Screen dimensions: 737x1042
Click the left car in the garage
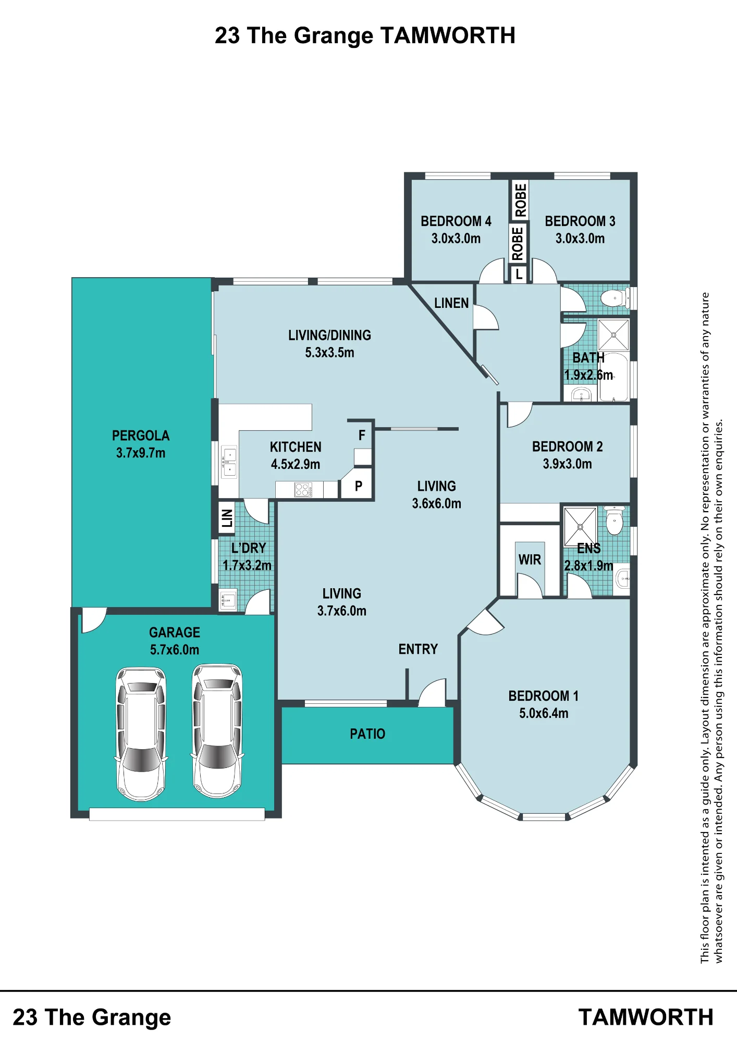pyautogui.click(x=141, y=734)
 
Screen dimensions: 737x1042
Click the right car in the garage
pyautogui.click(x=217, y=730)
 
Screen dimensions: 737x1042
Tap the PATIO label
pyautogui.click(x=367, y=734)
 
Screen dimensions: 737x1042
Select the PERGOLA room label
pyautogui.click(x=141, y=436)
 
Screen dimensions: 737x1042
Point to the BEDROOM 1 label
pyautogui.click(x=544, y=696)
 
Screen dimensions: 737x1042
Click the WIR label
pyautogui.click(x=530, y=560)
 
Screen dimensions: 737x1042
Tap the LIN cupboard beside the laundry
pyautogui.click(x=227, y=518)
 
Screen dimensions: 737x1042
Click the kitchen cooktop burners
pyautogui.click(x=303, y=489)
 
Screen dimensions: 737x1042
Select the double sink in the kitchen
pyautogui.click(x=229, y=462)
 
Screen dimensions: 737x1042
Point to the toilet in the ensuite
pyautogui.click(x=615, y=521)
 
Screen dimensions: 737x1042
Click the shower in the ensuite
pyautogui.click(x=580, y=526)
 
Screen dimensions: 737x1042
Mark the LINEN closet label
pyautogui.click(x=451, y=303)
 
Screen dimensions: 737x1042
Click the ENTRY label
pyautogui.click(x=418, y=649)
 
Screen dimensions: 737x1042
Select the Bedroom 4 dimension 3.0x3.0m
pyautogui.click(x=456, y=239)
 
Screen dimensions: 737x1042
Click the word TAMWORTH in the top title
pyautogui.click(x=448, y=36)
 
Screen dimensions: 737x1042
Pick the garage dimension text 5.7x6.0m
pyautogui.click(x=175, y=650)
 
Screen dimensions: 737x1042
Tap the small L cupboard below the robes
pyautogui.click(x=519, y=274)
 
